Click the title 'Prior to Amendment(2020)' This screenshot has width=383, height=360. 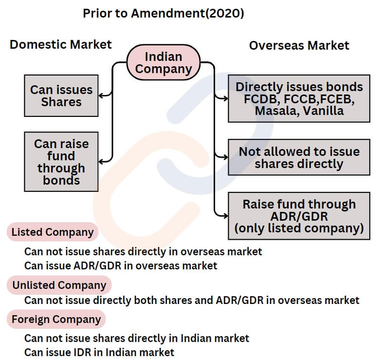[163, 13]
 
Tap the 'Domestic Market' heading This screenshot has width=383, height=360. [60, 44]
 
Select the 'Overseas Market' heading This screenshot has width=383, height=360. [299, 45]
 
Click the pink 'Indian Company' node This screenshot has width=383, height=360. [164, 62]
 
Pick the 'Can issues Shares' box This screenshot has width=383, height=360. [61, 95]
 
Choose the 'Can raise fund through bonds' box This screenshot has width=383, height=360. [61, 162]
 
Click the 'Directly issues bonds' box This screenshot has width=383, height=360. [299, 98]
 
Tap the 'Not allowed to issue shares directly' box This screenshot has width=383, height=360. [299, 157]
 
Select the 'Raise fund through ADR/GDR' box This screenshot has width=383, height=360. [299, 216]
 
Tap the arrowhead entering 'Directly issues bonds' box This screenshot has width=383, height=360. [225, 98]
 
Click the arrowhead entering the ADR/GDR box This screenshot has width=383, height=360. [225, 216]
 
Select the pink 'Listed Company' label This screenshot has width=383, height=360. [53, 232]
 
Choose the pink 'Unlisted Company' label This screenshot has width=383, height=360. [59, 285]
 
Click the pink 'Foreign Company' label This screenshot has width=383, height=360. [56, 319]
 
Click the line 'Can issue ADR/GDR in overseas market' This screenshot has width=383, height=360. [121, 265]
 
